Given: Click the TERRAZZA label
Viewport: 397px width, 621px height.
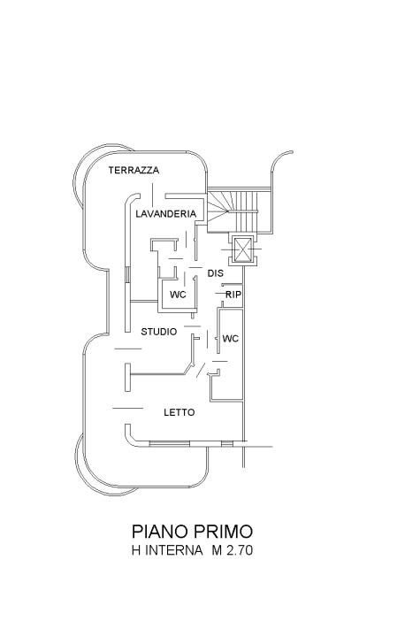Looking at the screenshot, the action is (134, 171).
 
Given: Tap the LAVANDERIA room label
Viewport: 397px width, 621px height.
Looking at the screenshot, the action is (166, 214).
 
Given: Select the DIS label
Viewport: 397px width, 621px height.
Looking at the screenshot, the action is (216, 273).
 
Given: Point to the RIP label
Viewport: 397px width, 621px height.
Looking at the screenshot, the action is (233, 295).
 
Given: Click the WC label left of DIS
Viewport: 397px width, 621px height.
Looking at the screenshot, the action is (178, 295).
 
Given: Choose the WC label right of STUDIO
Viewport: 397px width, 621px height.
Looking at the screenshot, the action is (231, 339).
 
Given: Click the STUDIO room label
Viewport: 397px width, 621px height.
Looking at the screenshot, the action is (159, 332).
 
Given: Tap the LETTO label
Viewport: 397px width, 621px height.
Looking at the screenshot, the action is (179, 412).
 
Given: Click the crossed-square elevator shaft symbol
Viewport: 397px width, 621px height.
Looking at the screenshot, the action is (241, 249).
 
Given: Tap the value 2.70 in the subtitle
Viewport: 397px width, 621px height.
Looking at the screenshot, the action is (240, 550).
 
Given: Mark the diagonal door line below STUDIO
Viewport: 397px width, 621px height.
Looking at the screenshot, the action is (201, 371).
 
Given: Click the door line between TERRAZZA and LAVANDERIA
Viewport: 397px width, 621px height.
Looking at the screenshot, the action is (152, 195).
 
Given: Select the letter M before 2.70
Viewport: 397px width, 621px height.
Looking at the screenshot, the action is (217, 550).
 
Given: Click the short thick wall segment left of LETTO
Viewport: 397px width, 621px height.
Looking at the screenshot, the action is (127, 377).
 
